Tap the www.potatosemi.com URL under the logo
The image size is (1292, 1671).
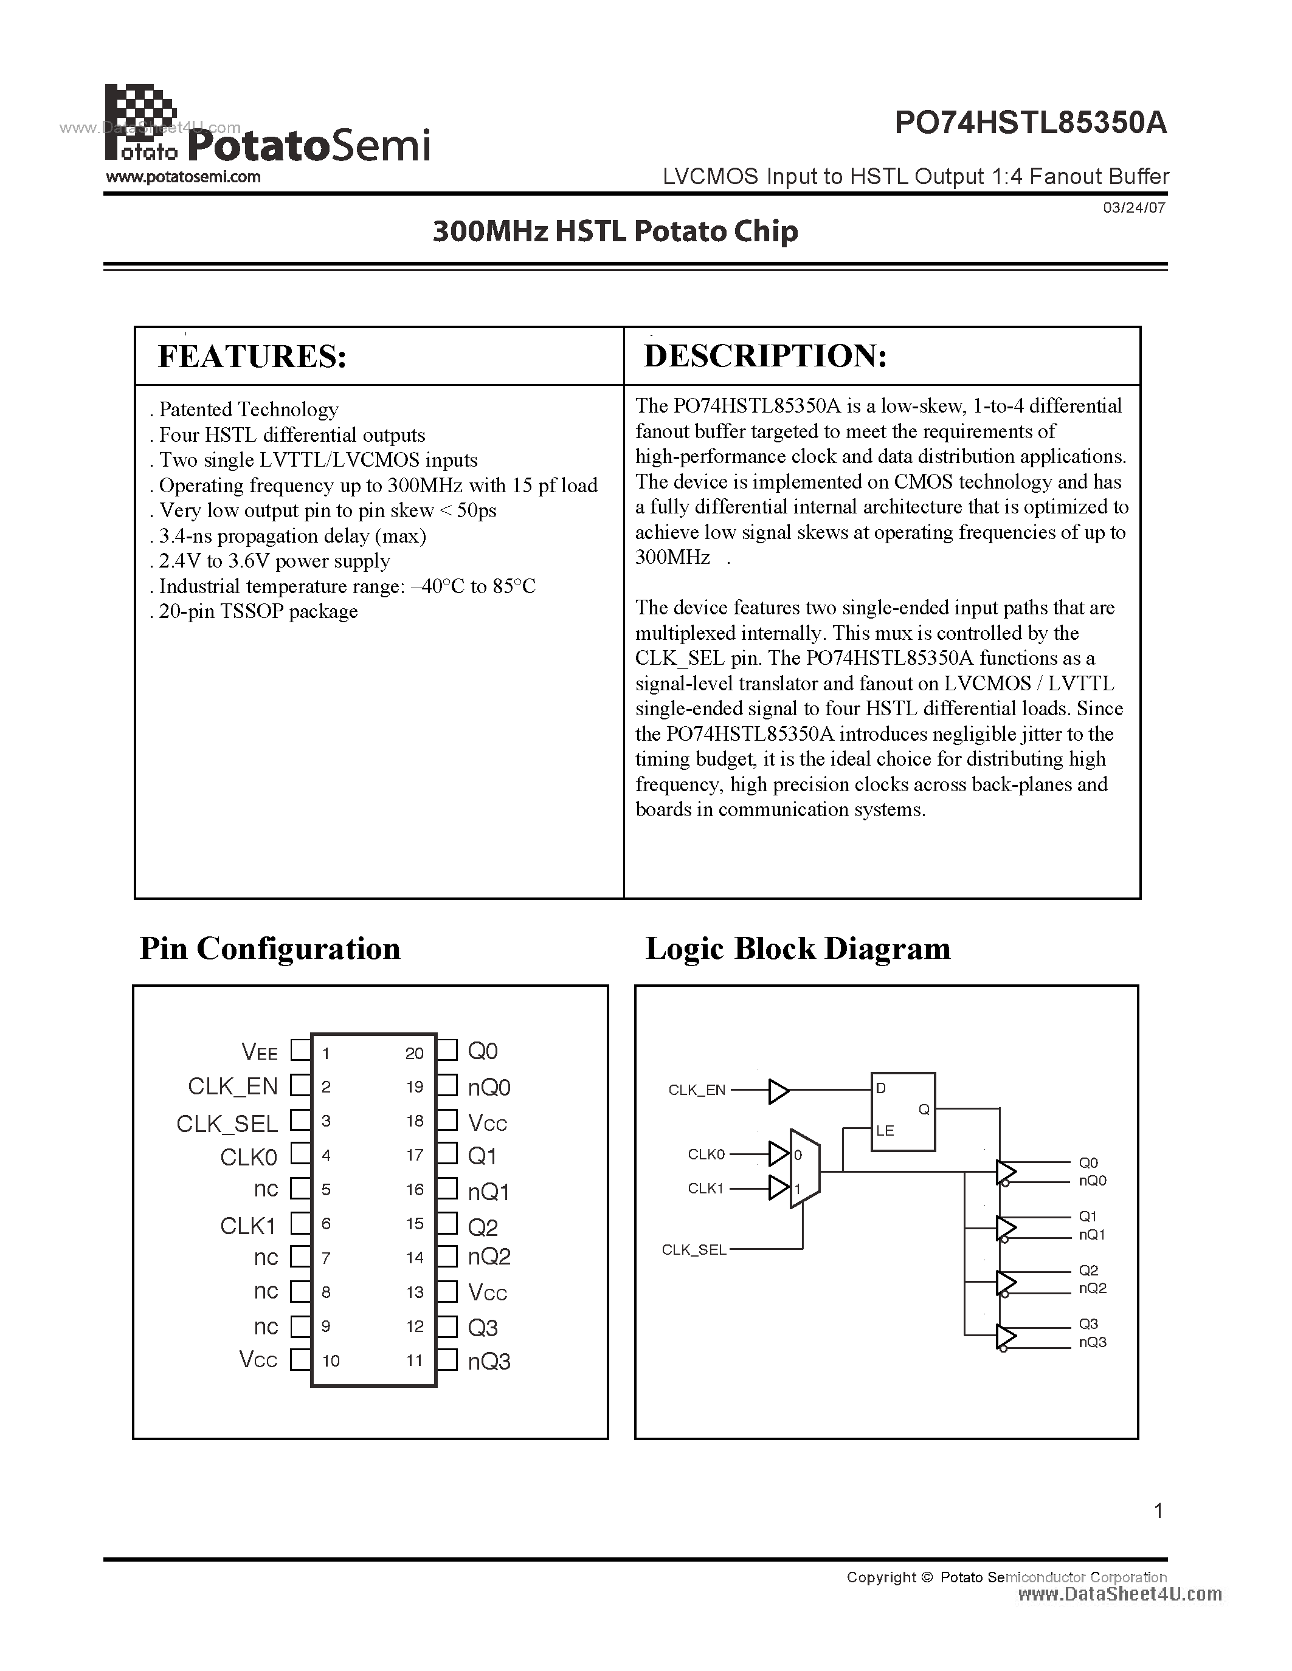tap(183, 177)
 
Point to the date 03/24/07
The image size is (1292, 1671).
tap(1135, 207)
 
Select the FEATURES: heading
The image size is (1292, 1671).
tap(252, 357)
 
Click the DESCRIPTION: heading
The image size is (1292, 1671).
tap(765, 356)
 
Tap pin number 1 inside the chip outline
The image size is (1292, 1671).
tap(326, 1054)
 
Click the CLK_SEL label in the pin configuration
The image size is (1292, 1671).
tap(227, 1123)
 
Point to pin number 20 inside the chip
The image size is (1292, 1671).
tap(414, 1054)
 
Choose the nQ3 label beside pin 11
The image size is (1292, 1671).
tap(489, 1361)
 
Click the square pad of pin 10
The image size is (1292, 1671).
tap(300, 1360)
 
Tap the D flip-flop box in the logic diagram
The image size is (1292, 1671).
tap(902, 1111)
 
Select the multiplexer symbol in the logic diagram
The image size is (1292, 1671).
tap(804, 1169)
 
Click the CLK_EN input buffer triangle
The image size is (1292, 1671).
tap(778, 1091)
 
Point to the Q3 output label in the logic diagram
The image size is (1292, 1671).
tap(1088, 1323)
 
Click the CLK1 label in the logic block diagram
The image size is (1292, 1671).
tap(705, 1188)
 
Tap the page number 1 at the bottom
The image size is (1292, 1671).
tap(1158, 1511)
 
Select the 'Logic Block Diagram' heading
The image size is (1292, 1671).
tap(798, 949)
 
